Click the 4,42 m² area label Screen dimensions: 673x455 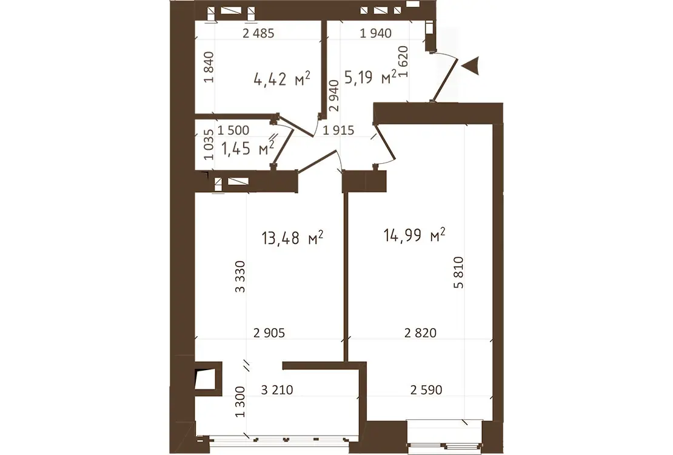281,79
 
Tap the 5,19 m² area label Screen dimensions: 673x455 370,77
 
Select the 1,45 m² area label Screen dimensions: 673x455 247,148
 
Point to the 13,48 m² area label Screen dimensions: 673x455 292,237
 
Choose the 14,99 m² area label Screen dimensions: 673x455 414,235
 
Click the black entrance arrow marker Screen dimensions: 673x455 471,66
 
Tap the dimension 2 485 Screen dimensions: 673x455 258,33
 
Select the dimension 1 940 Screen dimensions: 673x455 375,33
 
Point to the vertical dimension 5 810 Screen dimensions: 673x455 459,272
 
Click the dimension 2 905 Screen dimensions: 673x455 269,333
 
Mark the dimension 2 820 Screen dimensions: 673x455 421,333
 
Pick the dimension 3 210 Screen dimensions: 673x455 277,390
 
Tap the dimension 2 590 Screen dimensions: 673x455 426,390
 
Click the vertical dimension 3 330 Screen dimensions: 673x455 240,277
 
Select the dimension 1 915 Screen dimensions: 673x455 339,130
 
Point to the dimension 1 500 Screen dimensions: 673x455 233,130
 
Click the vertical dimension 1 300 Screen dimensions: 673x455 240,402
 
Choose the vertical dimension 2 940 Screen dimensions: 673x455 334,96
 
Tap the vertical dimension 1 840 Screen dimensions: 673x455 209,67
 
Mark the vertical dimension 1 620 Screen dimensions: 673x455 403,61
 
